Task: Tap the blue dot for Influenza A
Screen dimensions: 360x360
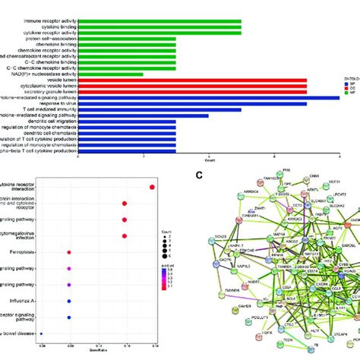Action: (70, 301)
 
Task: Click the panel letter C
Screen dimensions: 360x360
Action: (198, 175)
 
